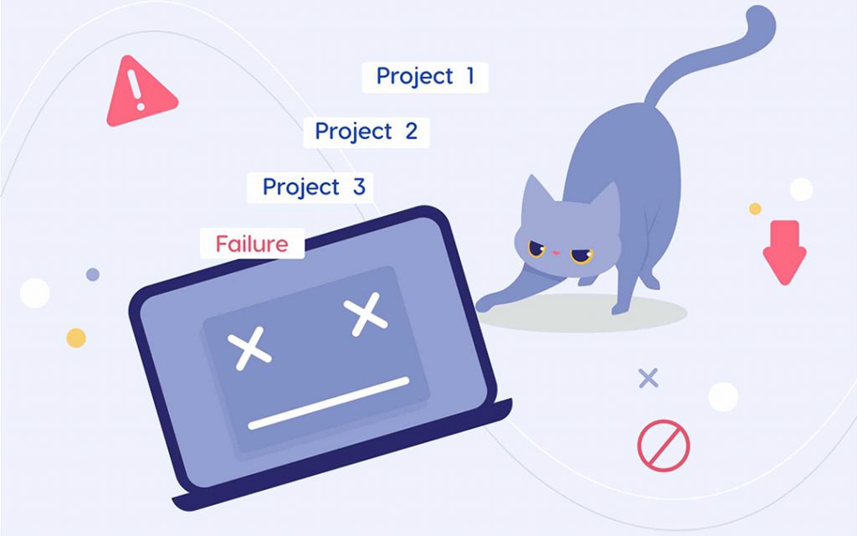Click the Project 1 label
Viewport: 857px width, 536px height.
pyautogui.click(x=424, y=76)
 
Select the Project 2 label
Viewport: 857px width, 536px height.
pyautogui.click(x=366, y=131)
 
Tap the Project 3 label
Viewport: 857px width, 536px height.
pyautogui.click(x=310, y=187)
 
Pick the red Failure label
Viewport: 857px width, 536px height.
pyautogui.click(x=251, y=244)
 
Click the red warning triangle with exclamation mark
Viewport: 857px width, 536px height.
pyautogui.click(x=139, y=94)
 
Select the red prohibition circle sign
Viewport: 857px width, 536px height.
pyautogui.click(x=664, y=445)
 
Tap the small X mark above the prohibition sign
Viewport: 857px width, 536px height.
pyautogui.click(x=648, y=378)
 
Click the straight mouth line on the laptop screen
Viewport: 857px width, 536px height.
pyautogui.click(x=329, y=403)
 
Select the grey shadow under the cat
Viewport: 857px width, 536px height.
pyautogui.click(x=586, y=312)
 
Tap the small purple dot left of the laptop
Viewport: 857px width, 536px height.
pyautogui.click(x=93, y=274)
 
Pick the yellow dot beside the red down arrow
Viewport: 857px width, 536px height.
pyautogui.click(x=755, y=209)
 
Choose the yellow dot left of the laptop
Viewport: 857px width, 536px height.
pyautogui.click(x=76, y=338)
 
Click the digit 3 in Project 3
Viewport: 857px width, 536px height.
pyautogui.click(x=359, y=187)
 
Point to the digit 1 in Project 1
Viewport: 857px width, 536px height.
pyautogui.click(x=470, y=76)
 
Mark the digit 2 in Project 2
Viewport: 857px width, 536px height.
pyautogui.click(x=410, y=131)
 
